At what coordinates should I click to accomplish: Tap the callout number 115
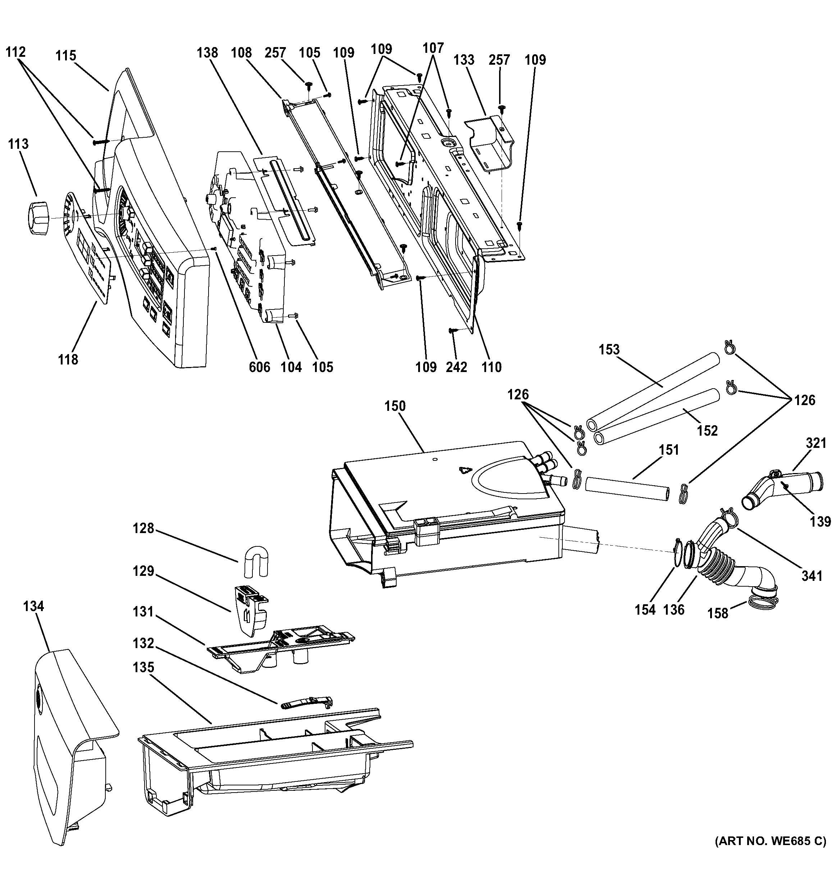(x=66, y=56)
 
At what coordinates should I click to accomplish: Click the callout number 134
(x=33, y=606)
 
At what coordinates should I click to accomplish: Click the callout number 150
(x=394, y=407)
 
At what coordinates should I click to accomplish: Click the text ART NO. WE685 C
(x=770, y=854)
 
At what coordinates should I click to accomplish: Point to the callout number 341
(x=812, y=576)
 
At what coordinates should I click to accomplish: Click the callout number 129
(x=143, y=571)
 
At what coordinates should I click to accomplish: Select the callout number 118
(x=68, y=359)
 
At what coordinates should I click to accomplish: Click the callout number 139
(x=820, y=521)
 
